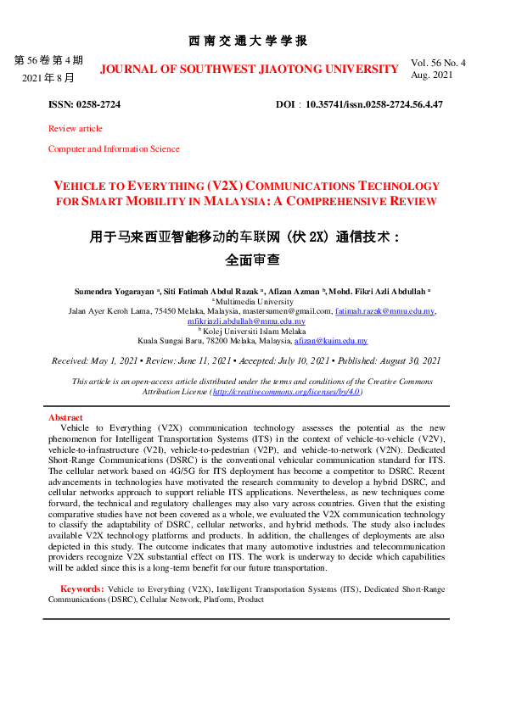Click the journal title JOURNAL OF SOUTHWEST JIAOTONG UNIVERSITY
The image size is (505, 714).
coord(249,69)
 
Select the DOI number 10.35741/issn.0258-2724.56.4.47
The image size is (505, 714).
coord(374,104)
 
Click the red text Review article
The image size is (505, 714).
coord(76,129)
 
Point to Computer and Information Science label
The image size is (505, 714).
coord(114,149)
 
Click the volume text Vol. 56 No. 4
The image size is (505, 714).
coord(438,64)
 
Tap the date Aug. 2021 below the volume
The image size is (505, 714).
coord(432,75)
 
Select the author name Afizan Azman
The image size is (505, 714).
coord(298,291)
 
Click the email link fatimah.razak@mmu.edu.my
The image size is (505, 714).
coord(384,311)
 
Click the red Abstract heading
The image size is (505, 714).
coord(65,418)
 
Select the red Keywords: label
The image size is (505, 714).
coord(81,588)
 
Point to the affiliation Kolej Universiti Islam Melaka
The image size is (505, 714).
coord(251,332)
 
